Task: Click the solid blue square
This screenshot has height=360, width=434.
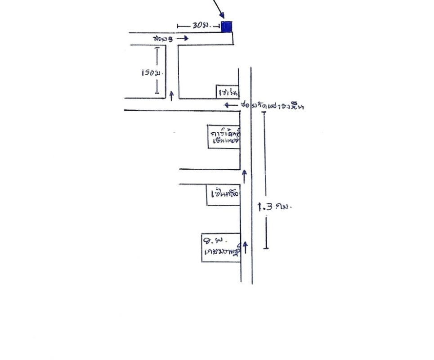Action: coord(227,27)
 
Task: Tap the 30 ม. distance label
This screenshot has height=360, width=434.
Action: coord(199,26)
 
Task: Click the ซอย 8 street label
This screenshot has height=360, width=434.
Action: coord(162,39)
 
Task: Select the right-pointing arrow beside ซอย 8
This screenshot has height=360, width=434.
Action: coord(182,39)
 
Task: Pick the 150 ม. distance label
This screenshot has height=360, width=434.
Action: coord(150,72)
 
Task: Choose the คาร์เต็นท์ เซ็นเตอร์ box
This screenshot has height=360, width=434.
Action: coord(224,136)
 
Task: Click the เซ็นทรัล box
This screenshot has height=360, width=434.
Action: coord(224,195)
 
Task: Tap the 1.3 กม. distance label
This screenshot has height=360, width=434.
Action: coord(275,207)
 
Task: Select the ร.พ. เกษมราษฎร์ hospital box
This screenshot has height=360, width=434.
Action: coord(220,247)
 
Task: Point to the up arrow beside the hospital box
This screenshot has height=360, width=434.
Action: coord(246,246)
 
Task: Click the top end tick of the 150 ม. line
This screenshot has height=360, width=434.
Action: coord(157,48)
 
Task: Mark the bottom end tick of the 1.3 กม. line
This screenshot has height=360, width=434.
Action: coord(266,248)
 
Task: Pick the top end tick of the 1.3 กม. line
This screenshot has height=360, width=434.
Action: coord(265,112)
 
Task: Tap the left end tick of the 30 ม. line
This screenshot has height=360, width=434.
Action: coord(178,27)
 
